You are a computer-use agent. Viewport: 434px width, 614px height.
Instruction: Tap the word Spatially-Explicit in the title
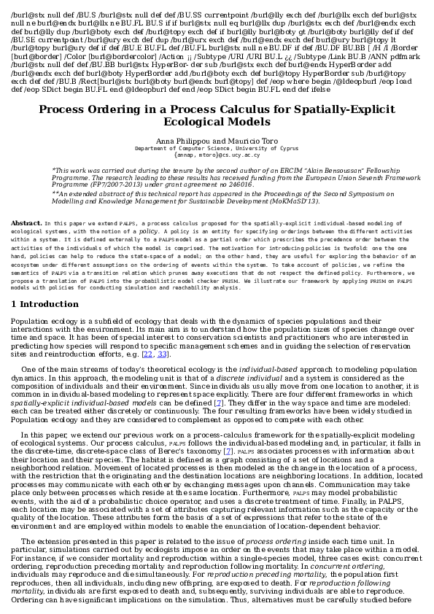click(x=345, y=109)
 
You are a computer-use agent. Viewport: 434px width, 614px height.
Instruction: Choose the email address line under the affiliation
click(x=217, y=155)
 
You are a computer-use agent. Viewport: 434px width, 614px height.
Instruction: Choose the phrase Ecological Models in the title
click(x=217, y=123)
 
